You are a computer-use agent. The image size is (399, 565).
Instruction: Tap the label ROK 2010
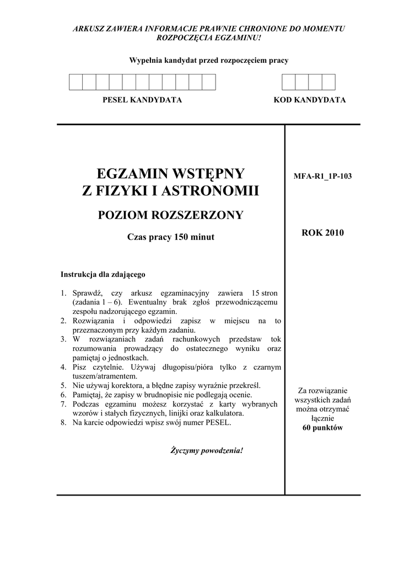pyautogui.click(x=322, y=232)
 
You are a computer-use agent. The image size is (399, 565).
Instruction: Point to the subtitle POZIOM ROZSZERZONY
pyautogui.click(x=170, y=215)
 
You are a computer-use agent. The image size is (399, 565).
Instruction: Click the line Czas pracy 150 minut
pyautogui.click(x=170, y=237)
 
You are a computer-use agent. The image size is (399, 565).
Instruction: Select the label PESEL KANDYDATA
pyautogui.click(x=142, y=100)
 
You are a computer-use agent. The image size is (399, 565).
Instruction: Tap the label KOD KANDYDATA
pyautogui.click(x=310, y=100)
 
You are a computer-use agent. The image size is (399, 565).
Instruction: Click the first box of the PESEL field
pyautogui.click(x=76, y=82)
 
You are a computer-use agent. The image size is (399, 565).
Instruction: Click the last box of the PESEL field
pyautogui.click(x=208, y=82)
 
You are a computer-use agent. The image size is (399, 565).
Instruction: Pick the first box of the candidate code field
pyautogui.click(x=289, y=82)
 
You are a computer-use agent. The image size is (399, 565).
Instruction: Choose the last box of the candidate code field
pyautogui.click(x=328, y=82)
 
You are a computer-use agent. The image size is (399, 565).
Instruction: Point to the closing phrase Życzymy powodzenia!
pyautogui.click(x=207, y=450)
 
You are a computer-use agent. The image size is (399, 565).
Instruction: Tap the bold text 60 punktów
pyautogui.click(x=322, y=428)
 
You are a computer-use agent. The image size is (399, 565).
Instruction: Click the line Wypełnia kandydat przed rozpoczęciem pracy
pyautogui.click(x=208, y=61)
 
